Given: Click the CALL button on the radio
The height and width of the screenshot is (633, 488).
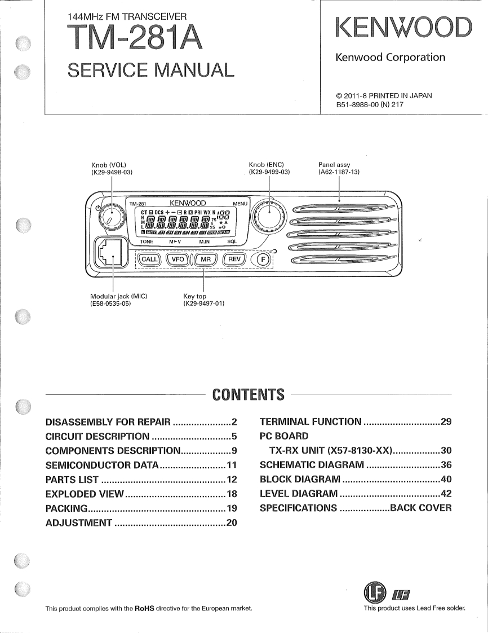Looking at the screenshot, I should pos(149,259).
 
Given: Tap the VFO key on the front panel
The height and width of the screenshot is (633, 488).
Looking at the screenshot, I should pos(178,259).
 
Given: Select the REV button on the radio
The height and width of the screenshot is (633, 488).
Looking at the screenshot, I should pos(234,259).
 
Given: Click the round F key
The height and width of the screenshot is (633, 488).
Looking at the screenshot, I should pos(261,260).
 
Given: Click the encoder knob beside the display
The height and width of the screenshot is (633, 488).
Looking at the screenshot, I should pos(269,215).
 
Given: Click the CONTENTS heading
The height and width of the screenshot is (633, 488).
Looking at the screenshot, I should pos(248,394).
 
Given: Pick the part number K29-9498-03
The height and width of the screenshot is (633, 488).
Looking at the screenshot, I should pos(112,172).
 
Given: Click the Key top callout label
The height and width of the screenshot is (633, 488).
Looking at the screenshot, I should pos(195,296).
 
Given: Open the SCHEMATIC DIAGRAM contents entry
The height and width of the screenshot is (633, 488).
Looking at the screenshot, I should pos(312,465).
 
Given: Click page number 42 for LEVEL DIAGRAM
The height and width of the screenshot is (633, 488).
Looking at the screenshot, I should pos(446,494).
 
